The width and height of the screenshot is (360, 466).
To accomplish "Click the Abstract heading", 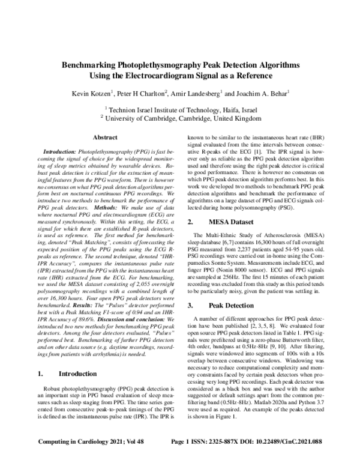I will click(x=105, y=138).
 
